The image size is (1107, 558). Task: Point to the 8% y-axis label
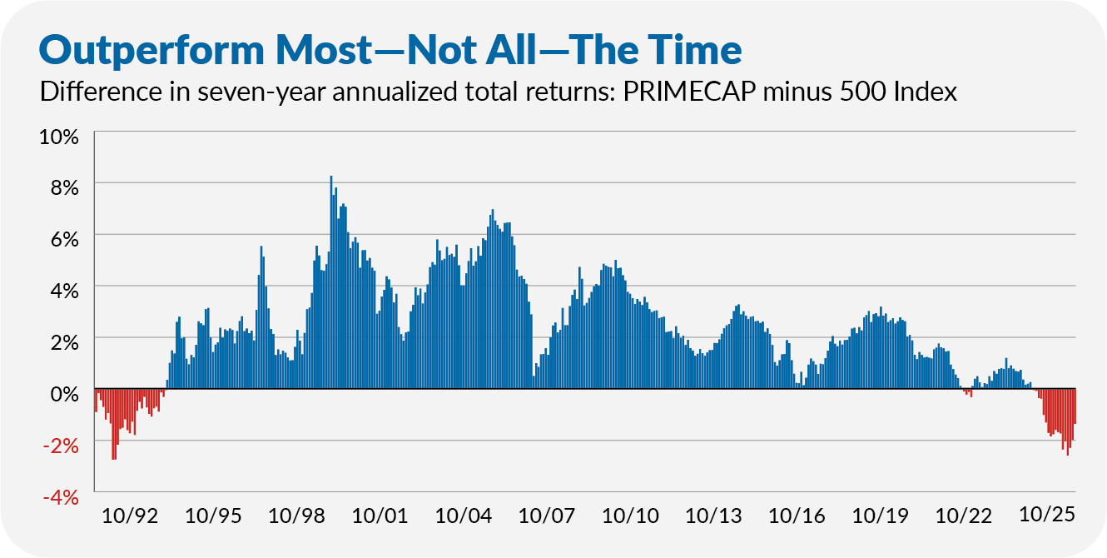coord(63,187)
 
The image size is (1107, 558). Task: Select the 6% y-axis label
coord(63,239)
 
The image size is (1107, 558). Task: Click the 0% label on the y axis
coord(63,392)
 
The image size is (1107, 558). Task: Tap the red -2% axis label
coord(60,446)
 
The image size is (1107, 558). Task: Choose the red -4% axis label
coord(60,497)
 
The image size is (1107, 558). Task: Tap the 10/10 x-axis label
coord(630,516)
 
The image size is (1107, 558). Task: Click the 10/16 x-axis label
coord(797,516)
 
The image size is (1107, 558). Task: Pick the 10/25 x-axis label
coord(1046,516)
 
